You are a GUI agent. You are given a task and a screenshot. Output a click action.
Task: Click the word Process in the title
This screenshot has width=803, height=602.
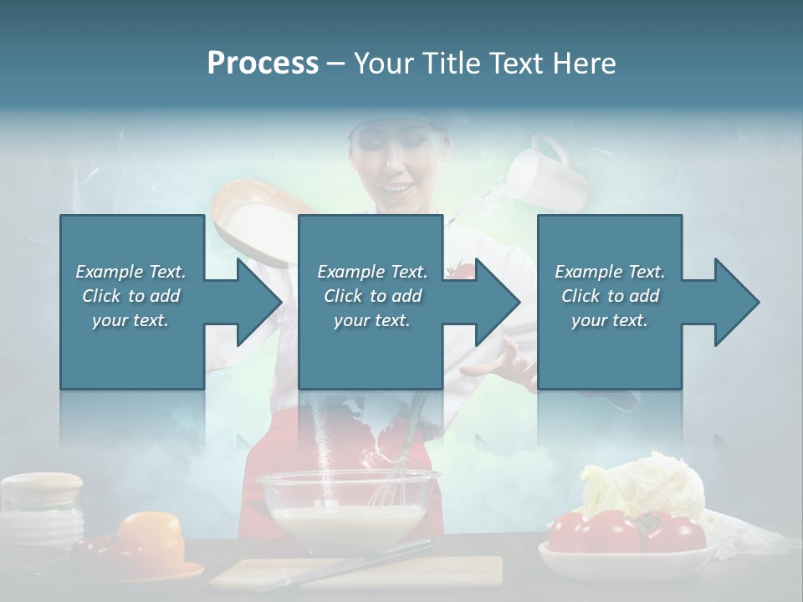[263, 64]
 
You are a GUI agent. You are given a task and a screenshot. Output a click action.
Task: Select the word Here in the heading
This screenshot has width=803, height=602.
[585, 64]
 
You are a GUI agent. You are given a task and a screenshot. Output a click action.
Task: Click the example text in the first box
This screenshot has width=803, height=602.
[131, 296]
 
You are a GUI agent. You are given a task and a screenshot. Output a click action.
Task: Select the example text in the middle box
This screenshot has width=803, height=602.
[371, 296]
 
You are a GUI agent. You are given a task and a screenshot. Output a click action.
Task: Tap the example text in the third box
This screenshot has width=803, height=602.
[610, 296]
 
